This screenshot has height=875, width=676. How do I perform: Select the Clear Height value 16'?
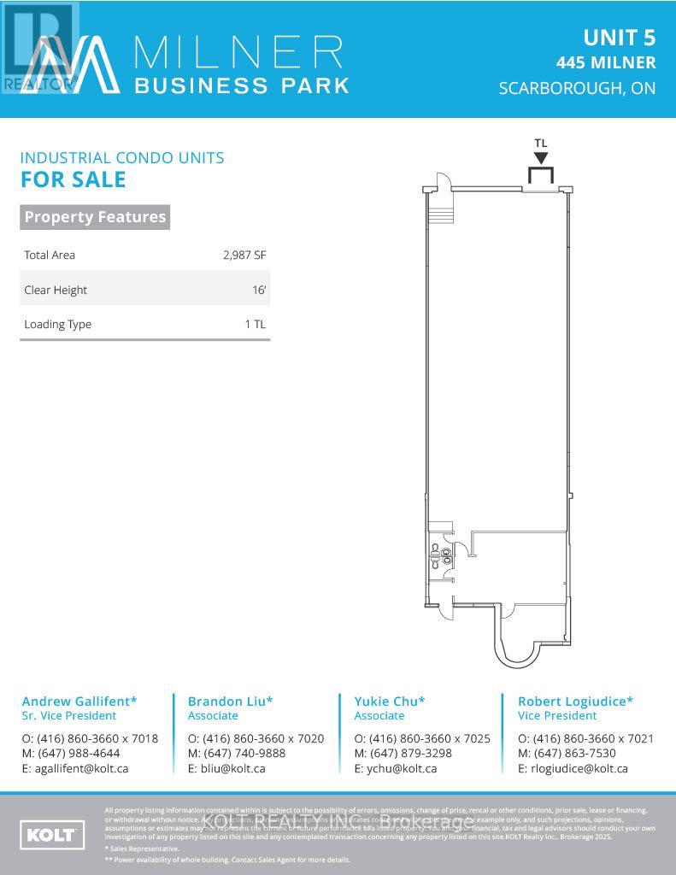click(x=259, y=290)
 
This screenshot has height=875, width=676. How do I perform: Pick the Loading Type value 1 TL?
click(x=255, y=324)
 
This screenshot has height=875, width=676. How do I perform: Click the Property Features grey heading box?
click(x=95, y=217)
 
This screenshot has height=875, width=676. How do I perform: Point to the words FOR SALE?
click(x=73, y=179)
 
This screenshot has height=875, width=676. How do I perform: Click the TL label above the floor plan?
click(x=540, y=144)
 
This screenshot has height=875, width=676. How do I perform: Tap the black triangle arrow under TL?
click(x=541, y=158)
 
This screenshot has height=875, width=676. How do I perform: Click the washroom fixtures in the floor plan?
click(x=441, y=556)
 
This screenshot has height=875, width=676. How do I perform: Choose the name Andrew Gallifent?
click(x=79, y=702)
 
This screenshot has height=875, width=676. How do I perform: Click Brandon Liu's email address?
click(x=226, y=768)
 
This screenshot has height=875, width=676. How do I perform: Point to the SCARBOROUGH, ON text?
click(x=578, y=88)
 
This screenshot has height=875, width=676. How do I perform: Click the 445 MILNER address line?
click(x=606, y=62)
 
